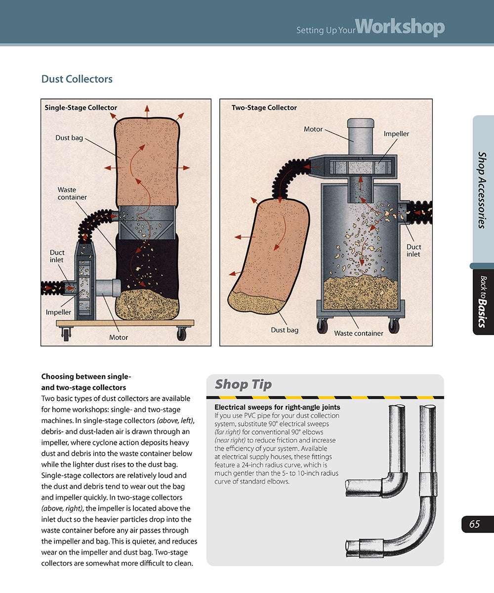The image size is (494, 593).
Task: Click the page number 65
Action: pos(474,524)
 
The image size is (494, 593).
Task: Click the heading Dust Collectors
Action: pos(77,79)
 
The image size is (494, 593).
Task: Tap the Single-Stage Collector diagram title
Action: pos(81,108)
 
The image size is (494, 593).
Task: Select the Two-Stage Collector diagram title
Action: pos(264,108)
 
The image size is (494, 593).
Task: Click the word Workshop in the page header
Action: pos(400,27)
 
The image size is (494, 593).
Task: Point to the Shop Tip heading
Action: pos(243,384)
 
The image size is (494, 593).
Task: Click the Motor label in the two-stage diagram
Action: pos(313,129)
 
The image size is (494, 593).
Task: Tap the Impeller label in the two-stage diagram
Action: pos(396,134)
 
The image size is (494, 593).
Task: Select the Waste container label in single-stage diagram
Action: pos(72,193)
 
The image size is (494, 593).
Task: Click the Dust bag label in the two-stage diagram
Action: pos(285,330)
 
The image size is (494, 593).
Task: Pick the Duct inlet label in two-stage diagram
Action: pos(413,251)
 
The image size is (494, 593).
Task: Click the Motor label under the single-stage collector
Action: pos(119,337)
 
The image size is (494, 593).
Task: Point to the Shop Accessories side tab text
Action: pos(482,190)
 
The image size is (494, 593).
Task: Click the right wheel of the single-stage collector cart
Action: pos(181,335)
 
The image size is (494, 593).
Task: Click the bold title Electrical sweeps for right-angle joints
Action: pos(277,407)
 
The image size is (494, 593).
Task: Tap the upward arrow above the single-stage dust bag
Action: pos(147,111)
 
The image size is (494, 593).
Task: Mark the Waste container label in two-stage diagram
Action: pos(359,333)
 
